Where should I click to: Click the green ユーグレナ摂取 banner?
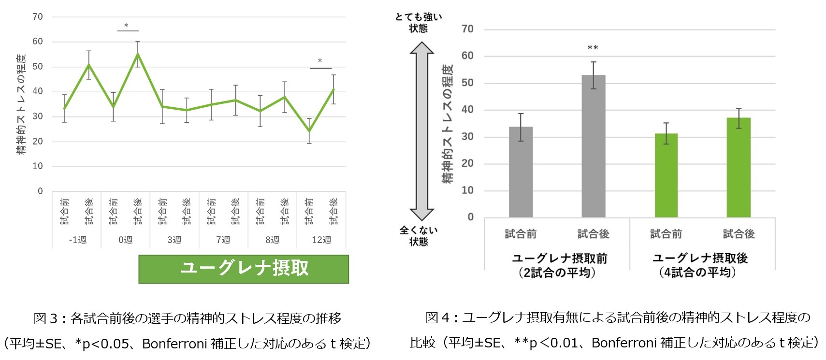pos(244,269)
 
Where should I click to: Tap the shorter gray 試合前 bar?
pos(521,172)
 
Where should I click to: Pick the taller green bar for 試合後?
pos(739,167)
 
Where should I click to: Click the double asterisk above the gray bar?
pos(593,48)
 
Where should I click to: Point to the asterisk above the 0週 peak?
pos(126,26)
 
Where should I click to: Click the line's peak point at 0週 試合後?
pos(138,54)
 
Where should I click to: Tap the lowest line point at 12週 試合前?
pos(309,131)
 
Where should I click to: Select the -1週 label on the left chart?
pos(77,240)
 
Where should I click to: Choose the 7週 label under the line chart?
pos(223,240)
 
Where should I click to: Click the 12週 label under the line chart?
pos(321,240)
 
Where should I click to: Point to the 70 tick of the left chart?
pos(38,17)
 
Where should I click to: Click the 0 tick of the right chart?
pos(470,217)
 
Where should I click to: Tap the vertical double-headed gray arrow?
pos(421,130)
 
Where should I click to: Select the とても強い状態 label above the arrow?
pos(418,23)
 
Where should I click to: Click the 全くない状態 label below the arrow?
pos(418,236)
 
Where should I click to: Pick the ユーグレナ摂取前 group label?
pos(559,265)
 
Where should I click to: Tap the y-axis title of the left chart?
pos(22,104)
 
